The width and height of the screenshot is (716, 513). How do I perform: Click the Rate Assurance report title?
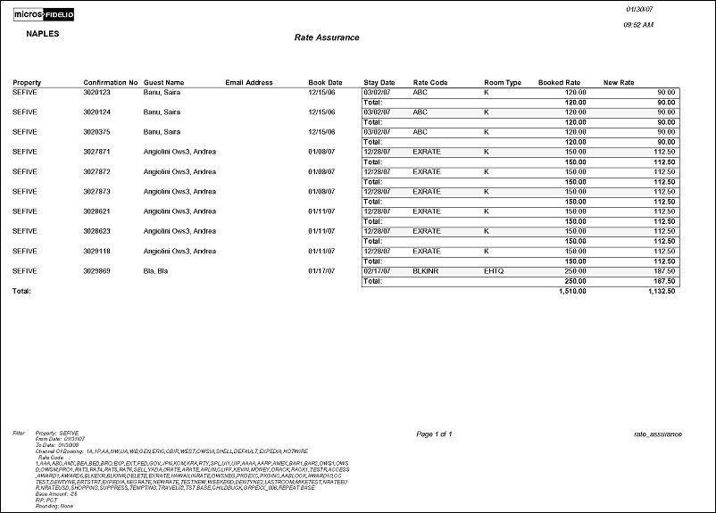[x=327, y=37]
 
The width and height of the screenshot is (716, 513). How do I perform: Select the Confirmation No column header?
[x=111, y=82]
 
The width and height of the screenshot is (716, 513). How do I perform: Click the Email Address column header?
[x=249, y=82]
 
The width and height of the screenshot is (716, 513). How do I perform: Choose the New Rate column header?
[x=619, y=82]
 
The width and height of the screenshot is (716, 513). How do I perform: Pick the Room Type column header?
[x=503, y=82]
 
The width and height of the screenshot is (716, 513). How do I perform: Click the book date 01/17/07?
[x=321, y=269]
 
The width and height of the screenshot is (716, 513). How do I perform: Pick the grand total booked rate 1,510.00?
[x=577, y=291]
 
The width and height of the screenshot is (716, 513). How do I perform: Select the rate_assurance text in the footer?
[x=657, y=434]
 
